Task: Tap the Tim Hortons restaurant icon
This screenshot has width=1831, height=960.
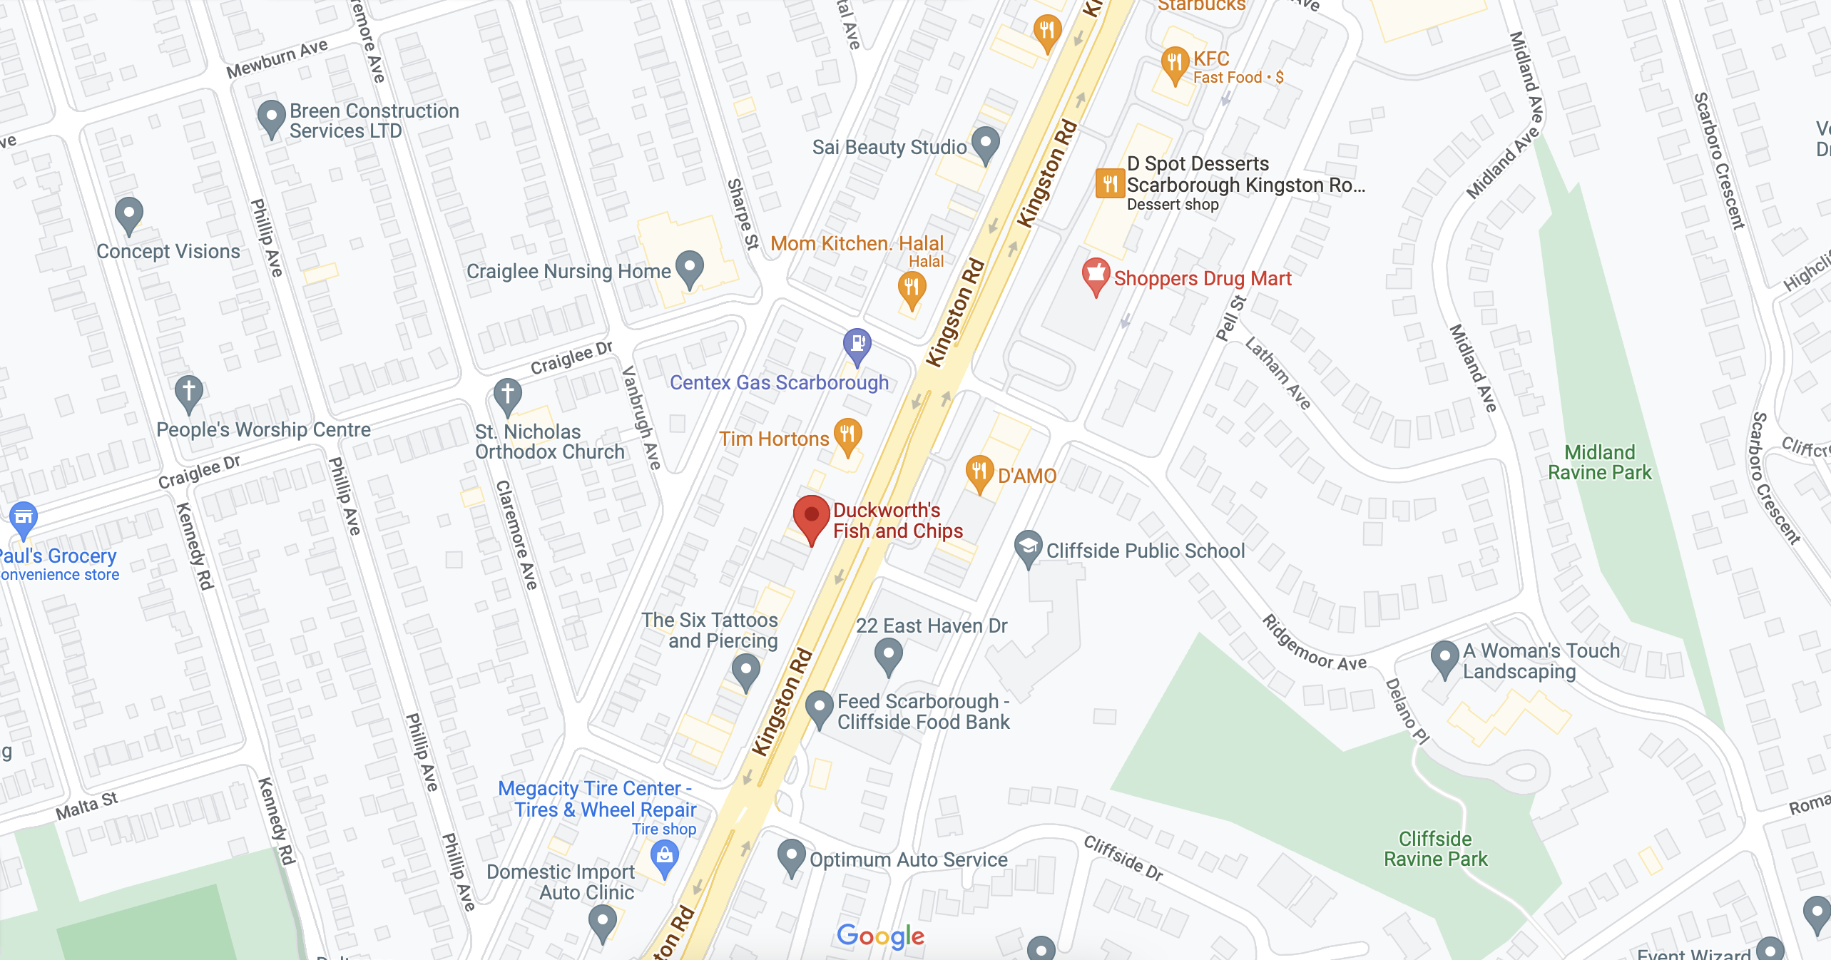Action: point(847,434)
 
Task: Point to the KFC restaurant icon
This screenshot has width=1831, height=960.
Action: point(1174,63)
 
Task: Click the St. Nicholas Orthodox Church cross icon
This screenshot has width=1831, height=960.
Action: point(507,393)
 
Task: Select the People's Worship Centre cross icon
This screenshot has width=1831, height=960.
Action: point(188,391)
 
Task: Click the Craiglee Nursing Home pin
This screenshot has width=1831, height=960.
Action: point(689,267)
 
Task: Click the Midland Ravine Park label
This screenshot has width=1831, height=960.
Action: point(1599,462)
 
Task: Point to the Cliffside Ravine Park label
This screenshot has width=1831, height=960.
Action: point(1435,849)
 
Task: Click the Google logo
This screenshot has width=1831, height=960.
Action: point(880,935)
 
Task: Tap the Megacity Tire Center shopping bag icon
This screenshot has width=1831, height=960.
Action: point(664,855)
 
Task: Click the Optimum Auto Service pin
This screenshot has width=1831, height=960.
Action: point(791,855)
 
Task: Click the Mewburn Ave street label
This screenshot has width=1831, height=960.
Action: point(277,59)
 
